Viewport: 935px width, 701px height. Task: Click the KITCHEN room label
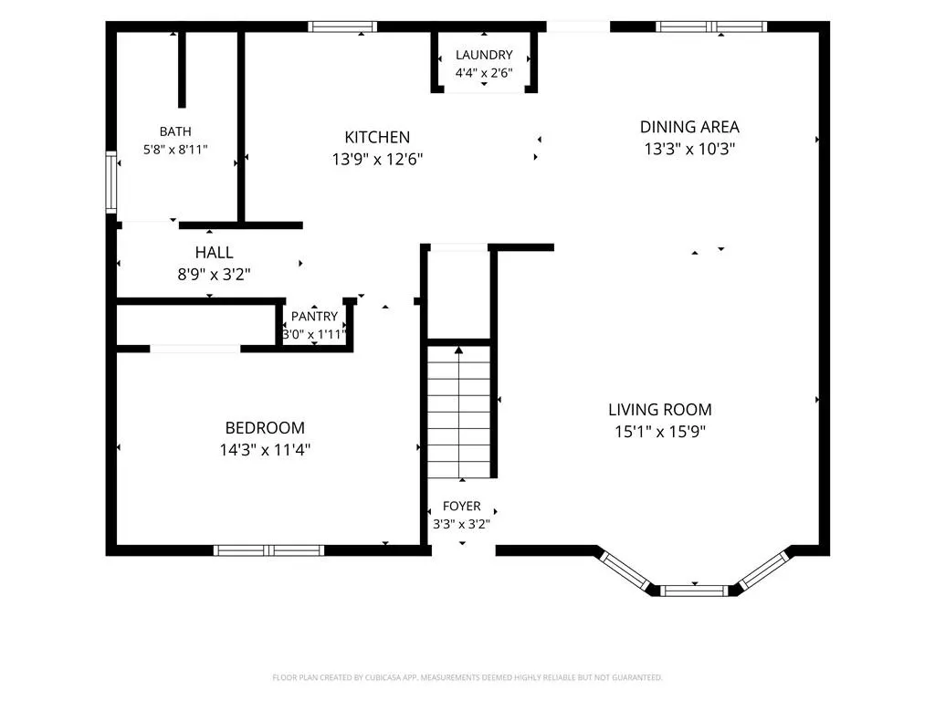[377, 137]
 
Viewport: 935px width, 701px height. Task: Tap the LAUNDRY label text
[484, 55]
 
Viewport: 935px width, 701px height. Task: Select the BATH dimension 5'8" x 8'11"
[175, 149]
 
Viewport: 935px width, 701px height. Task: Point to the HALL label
[214, 252]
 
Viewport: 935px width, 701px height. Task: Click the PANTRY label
[314, 316]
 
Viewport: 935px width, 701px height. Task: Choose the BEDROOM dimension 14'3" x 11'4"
[265, 449]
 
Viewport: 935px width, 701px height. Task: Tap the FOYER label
[461, 506]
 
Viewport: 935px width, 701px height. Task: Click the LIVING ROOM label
[660, 410]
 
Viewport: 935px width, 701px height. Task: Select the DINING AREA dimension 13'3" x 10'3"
[689, 149]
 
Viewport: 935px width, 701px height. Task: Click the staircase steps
[459, 412]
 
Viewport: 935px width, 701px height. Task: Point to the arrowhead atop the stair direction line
[458, 350]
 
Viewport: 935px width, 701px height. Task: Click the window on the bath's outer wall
[111, 183]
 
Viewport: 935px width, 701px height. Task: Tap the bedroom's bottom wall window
[269, 550]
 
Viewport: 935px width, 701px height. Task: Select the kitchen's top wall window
[343, 26]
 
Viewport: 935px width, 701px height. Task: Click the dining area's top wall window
[711, 26]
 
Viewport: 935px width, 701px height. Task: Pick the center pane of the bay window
[695, 591]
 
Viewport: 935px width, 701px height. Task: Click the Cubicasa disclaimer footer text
[467, 677]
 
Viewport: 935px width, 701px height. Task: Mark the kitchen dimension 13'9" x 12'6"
[377, 159]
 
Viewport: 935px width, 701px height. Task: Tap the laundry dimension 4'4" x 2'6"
[484, 73]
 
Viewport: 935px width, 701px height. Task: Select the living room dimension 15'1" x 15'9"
[660, 431]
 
